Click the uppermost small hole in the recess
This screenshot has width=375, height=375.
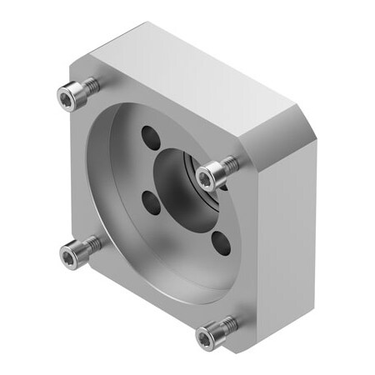click(150, 135)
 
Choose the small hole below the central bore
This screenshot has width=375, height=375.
click(221, 242)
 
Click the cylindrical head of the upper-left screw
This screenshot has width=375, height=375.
click(75, 94)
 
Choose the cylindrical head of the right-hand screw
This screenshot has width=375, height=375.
click(217, 171)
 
